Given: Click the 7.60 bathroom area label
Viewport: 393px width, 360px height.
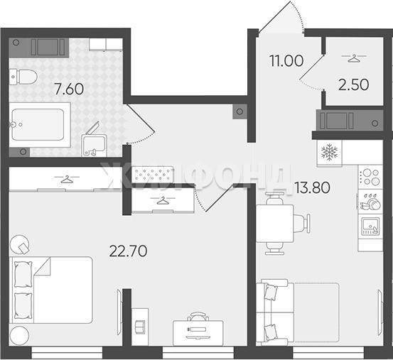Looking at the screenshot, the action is [x=69, y=89].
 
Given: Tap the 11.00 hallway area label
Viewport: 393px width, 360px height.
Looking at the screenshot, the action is [x=286, y=61].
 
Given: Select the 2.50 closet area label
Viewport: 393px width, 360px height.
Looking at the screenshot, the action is [x=354, y=84].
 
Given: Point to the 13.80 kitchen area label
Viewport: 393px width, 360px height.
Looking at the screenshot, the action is [x=312, y=187].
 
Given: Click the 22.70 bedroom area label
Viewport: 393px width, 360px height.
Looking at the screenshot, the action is [x=128, y=251].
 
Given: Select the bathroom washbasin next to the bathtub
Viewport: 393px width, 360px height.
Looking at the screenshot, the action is [x=94, y=146].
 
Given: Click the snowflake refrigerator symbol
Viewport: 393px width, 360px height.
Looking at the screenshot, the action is [x=329, y=152].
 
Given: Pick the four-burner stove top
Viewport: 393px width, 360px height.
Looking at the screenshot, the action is [x=370, y=178].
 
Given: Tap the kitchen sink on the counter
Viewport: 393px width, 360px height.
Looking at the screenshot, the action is [x=370, y=226].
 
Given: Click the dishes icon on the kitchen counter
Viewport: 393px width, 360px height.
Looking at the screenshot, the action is [x=370, y=202].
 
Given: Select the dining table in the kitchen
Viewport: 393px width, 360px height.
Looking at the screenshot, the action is [x=275, y=224].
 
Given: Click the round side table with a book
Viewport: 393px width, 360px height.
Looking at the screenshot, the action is [x=20, y=244].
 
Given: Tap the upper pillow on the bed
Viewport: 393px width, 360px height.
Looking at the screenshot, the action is [x=23, y=274].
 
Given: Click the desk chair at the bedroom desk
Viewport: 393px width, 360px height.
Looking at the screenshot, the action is [x=198, y=316].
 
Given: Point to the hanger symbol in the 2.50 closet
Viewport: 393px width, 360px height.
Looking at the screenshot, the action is [x=354, y=58].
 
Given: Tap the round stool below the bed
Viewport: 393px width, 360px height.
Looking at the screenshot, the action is [x=19, y=336].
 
